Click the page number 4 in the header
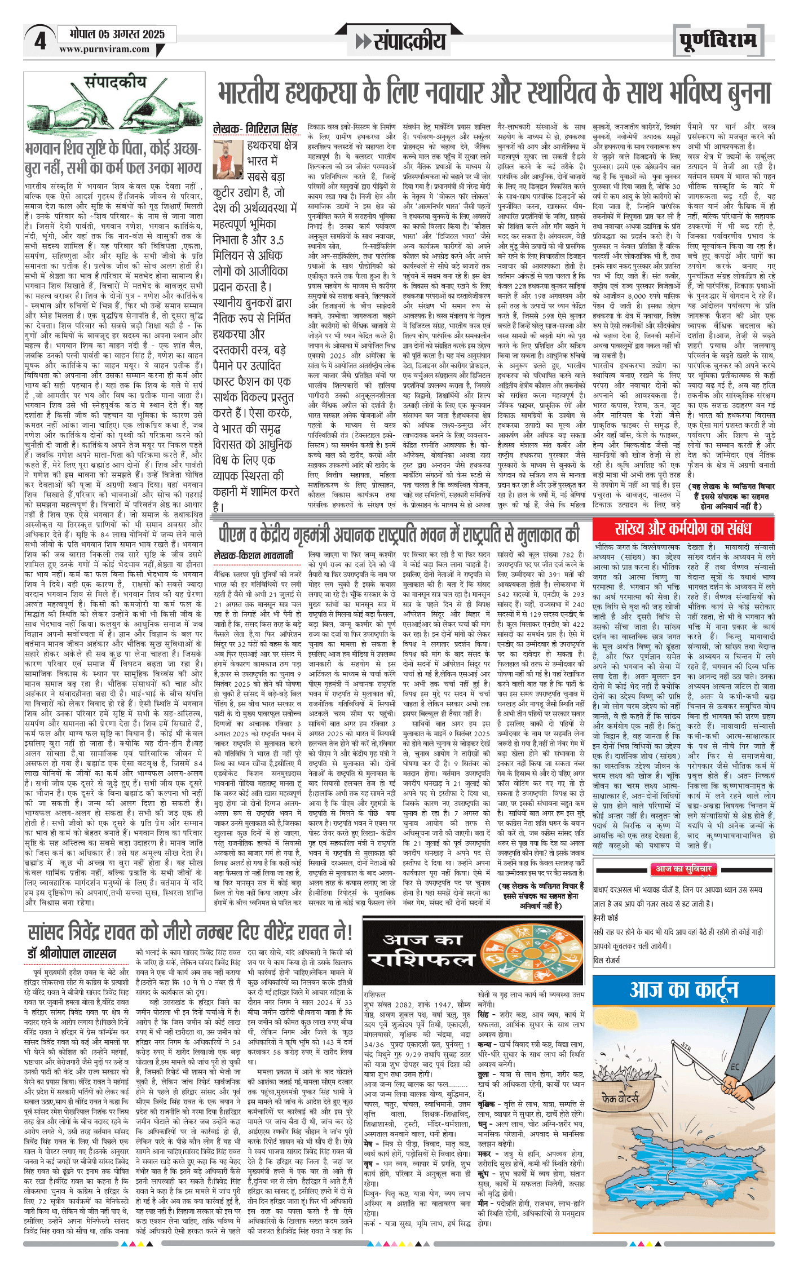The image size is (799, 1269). pos(39,41)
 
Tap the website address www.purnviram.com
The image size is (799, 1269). pos(104,49)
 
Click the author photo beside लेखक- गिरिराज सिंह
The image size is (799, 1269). pos(228,160)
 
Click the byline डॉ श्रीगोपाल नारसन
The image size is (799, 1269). pos(72,954)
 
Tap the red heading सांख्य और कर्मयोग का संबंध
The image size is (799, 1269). pos(683,529)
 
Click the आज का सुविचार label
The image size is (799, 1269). pos(683,869)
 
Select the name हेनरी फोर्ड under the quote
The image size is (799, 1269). pos(606,918)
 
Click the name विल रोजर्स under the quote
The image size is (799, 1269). pos(606,960)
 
